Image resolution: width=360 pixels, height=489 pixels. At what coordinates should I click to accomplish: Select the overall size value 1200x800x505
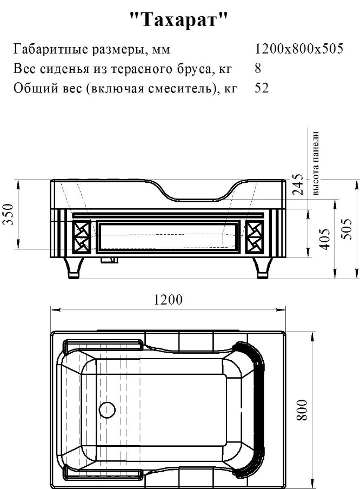tap(299, 49)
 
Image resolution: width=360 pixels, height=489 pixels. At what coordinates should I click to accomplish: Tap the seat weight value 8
tap(258, 68)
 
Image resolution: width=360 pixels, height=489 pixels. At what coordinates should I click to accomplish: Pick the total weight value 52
tap(262, 88)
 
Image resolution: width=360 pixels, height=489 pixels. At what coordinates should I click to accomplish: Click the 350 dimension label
tap(10, 214)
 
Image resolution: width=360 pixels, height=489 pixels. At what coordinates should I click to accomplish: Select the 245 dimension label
tap(298, 184)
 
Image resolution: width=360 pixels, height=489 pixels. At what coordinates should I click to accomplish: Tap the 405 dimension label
tap(325, 239)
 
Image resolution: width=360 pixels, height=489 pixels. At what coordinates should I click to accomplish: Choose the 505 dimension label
tap(346, 229)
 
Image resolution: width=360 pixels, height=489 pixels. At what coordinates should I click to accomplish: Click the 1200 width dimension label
tap(168, 300)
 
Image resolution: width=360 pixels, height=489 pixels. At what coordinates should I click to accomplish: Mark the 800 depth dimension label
tap(302, 410)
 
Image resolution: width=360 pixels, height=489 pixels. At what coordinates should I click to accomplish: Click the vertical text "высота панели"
tap(316, 163)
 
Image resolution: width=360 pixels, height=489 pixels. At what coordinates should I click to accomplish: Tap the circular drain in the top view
tap(107, 409)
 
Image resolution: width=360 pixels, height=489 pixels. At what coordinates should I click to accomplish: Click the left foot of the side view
tap(74, 268)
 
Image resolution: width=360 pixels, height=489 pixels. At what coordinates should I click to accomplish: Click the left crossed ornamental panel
tap(81, 236)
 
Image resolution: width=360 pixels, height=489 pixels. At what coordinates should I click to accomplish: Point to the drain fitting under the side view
tap(109, 260)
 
